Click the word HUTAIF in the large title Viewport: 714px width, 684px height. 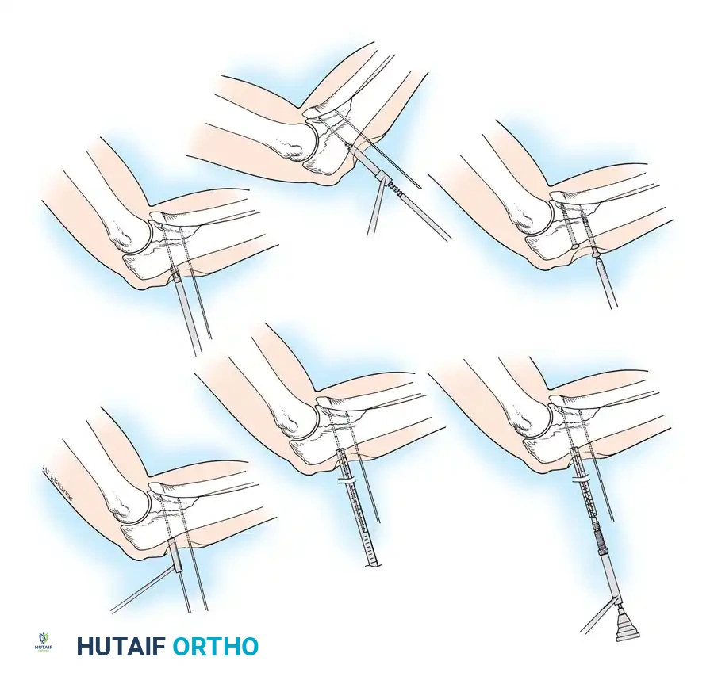click(x=121, y=647)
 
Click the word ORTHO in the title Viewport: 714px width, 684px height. click(x=215, y=647)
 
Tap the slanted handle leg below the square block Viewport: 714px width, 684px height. click(x=374, y=210)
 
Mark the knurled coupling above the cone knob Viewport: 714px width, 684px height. click(x=597, y=539)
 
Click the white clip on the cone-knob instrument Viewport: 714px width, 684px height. click(x=582, y=481)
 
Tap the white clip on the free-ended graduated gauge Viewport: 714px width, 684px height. click(x=347, y=481)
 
